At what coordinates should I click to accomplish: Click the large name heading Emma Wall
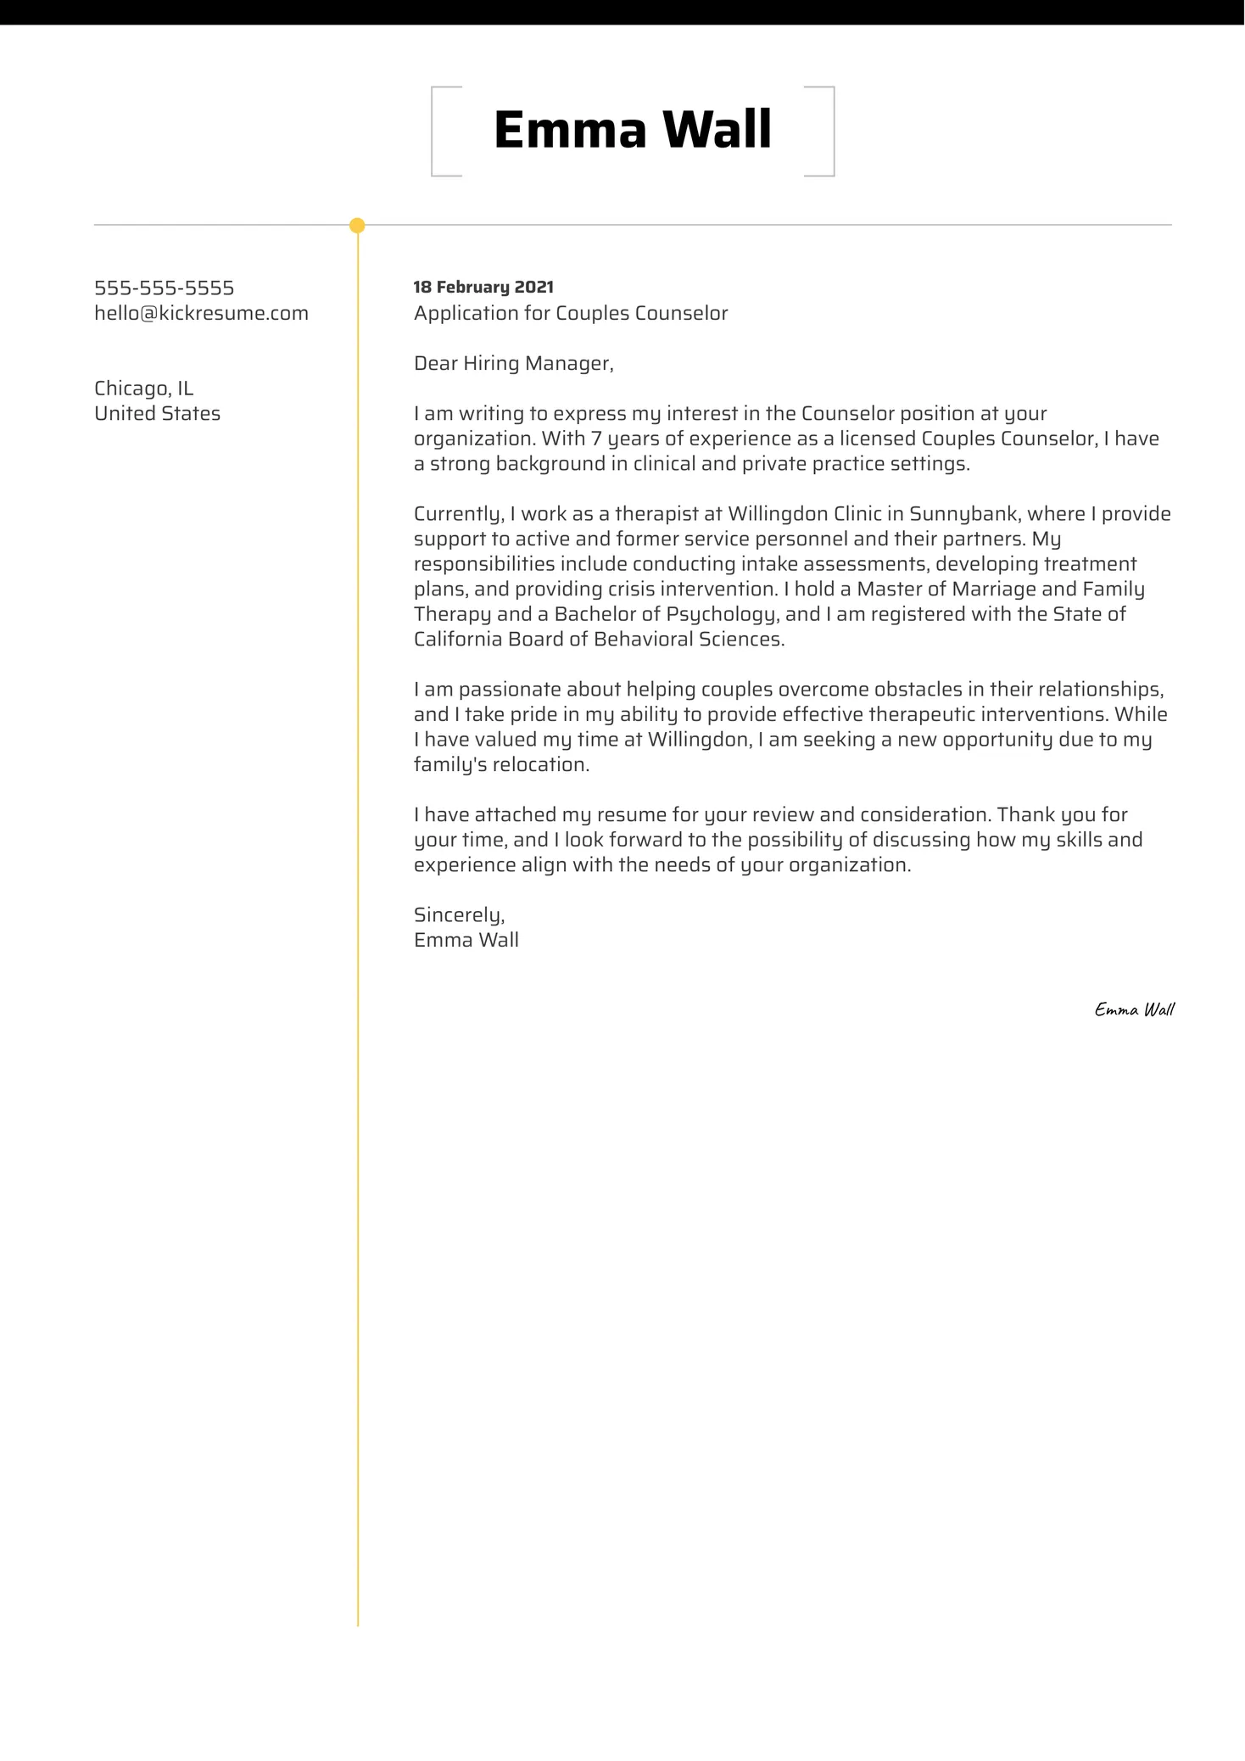coord(632,131)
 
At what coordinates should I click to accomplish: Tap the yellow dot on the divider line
coord(357,226)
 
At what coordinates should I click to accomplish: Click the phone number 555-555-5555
coord(164,288)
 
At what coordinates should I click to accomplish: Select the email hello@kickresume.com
coord(201,314)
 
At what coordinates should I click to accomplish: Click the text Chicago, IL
coord(143,389)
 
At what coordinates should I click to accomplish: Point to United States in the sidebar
coord(157,414)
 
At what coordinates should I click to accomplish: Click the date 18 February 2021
coord(483,288)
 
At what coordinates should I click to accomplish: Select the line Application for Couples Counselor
coord(571,314)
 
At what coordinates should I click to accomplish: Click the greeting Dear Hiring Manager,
coord(513,364)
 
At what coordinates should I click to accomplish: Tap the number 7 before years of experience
coord(596,439)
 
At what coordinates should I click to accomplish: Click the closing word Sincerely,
coord(459,915)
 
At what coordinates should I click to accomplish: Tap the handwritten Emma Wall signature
coord(1134,1009)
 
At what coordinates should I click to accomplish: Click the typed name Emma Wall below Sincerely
coord(466,941)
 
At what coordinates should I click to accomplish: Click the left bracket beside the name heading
coord(435,131)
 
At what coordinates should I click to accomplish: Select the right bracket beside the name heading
coord(830,131)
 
